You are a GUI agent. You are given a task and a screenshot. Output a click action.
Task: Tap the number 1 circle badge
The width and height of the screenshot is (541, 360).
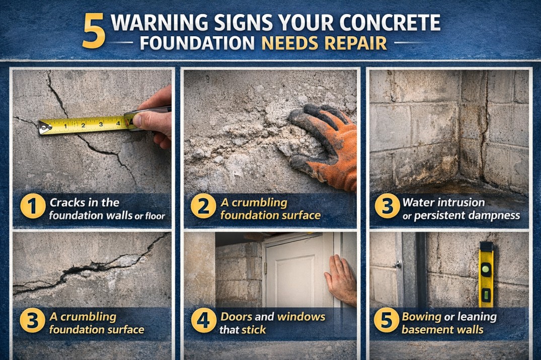(33, 208)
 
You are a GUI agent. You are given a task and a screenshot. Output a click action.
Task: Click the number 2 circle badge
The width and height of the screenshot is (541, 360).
(203, 208)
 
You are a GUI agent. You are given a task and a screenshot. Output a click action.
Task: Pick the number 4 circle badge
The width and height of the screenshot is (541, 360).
(203, 322)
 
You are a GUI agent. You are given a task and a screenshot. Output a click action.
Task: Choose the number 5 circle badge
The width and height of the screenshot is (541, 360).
(386, 322)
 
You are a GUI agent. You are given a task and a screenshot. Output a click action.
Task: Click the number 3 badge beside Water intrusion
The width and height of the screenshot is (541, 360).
(387, 208)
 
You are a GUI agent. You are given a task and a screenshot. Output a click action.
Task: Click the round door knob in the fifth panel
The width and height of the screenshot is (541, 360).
(398, 264)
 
